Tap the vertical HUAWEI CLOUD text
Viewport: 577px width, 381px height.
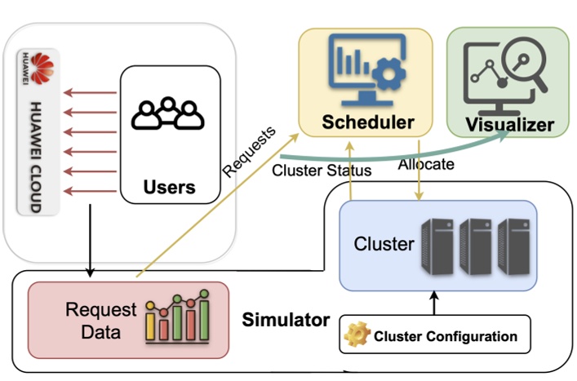click(x=35, y=156)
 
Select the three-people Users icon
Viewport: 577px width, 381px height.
click(x=168, y=114)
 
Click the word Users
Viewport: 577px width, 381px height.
click(x=169, y=187)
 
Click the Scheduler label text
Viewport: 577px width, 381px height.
click(x=367, y=123)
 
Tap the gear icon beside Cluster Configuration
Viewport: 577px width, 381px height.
click(x=357, y=335)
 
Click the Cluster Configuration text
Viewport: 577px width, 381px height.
click(x=445, y=336)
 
